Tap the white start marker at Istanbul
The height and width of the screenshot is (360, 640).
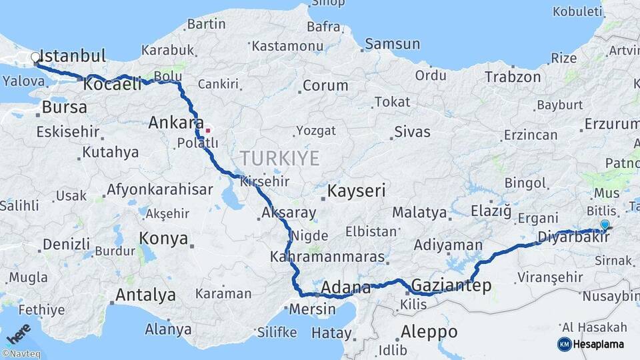35,58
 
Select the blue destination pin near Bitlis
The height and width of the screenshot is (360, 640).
604,226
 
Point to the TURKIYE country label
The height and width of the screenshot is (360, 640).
280,158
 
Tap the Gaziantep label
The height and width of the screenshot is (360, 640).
451,286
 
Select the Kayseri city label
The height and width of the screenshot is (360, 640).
357,191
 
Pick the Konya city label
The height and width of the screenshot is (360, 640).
164,239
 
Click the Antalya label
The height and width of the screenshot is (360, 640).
146,295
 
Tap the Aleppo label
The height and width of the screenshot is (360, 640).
429,331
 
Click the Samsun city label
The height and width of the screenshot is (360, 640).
393,44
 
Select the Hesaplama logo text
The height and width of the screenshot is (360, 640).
598,344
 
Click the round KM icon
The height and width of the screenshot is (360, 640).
564,344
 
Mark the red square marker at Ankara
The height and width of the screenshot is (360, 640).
208,130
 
